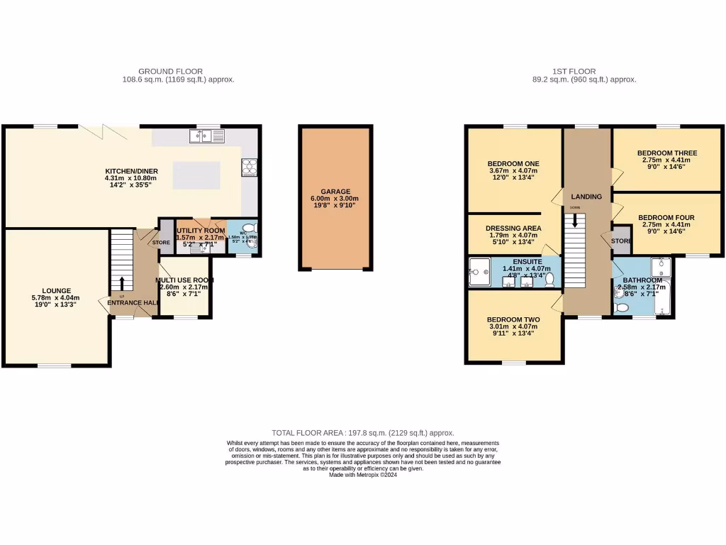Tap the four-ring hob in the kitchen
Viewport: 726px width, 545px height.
tap(250, 165)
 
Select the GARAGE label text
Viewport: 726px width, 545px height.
tap(335, 192)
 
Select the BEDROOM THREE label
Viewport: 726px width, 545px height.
tap(666, 153)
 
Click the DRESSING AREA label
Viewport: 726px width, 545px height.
tap(514, 228)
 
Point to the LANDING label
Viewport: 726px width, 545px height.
tap(586, 197)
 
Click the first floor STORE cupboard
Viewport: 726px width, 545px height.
tap(621, 241)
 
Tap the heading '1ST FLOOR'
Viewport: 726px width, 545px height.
tap(574, 71)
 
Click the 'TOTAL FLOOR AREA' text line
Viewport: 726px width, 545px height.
tap(363, 432)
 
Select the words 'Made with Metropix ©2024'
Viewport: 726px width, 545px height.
tap(363, 475)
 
